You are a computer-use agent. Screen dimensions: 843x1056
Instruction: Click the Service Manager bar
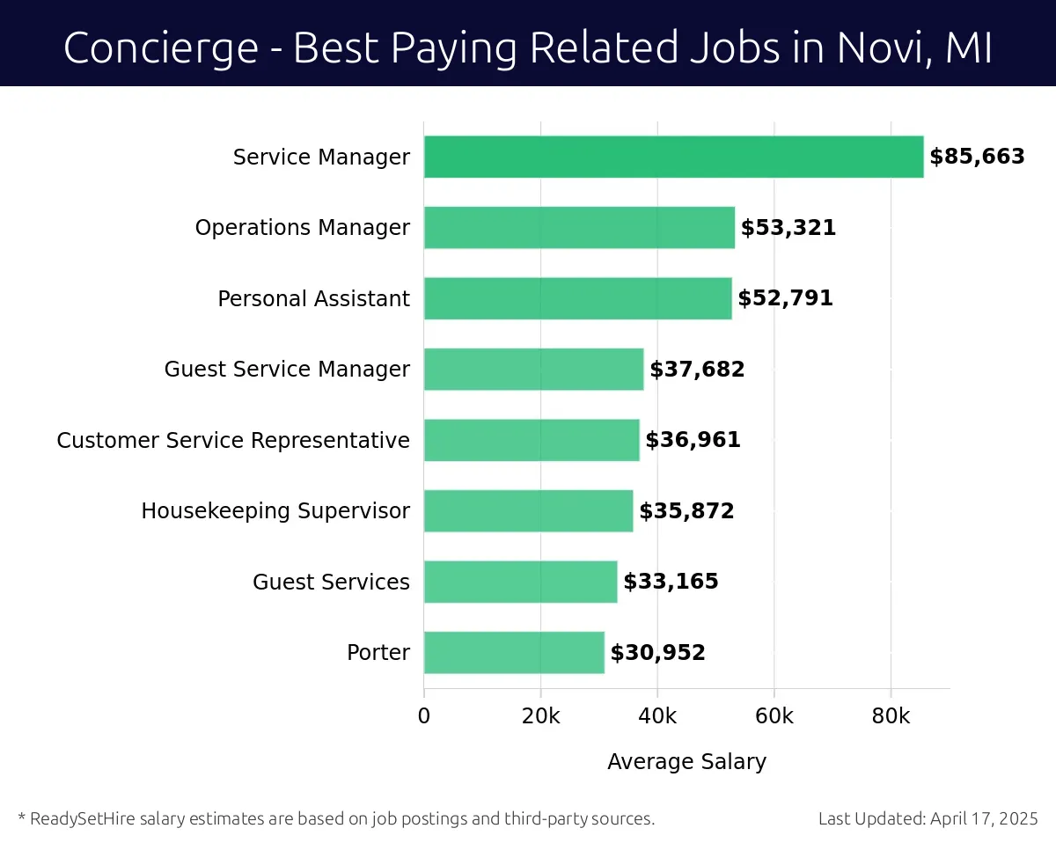coord(673,157)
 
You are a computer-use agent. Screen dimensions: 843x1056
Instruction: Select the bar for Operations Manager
coord(579,228)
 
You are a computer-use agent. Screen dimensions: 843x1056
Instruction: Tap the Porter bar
coord(514,652)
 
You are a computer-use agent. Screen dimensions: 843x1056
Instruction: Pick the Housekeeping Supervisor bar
coord(528,510)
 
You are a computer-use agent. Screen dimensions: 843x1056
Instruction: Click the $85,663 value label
coord(977,157)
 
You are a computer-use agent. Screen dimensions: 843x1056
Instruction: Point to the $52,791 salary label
coord(785,298)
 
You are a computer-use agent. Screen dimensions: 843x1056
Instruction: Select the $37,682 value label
coord(697,370)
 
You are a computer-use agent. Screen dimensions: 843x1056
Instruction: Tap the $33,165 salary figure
coord(671,582)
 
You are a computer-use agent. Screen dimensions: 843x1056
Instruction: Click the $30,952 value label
coord(657,652)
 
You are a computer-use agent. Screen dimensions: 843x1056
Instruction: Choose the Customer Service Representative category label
coord(233,440)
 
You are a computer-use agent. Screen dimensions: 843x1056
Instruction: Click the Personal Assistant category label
coord(313,298)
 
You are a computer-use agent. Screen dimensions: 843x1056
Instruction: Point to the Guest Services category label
coord(331,582)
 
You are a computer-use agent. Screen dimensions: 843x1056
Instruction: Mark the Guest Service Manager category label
coord(287,370)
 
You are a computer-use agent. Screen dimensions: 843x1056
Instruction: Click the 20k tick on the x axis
coord(540,716)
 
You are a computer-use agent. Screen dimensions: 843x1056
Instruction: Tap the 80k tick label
coord(891,716)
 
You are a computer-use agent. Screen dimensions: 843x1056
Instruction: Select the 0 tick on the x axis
coord(424,716)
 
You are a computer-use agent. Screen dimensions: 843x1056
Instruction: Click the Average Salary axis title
coord(686,761)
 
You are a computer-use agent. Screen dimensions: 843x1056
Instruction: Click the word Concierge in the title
coord(159,48)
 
